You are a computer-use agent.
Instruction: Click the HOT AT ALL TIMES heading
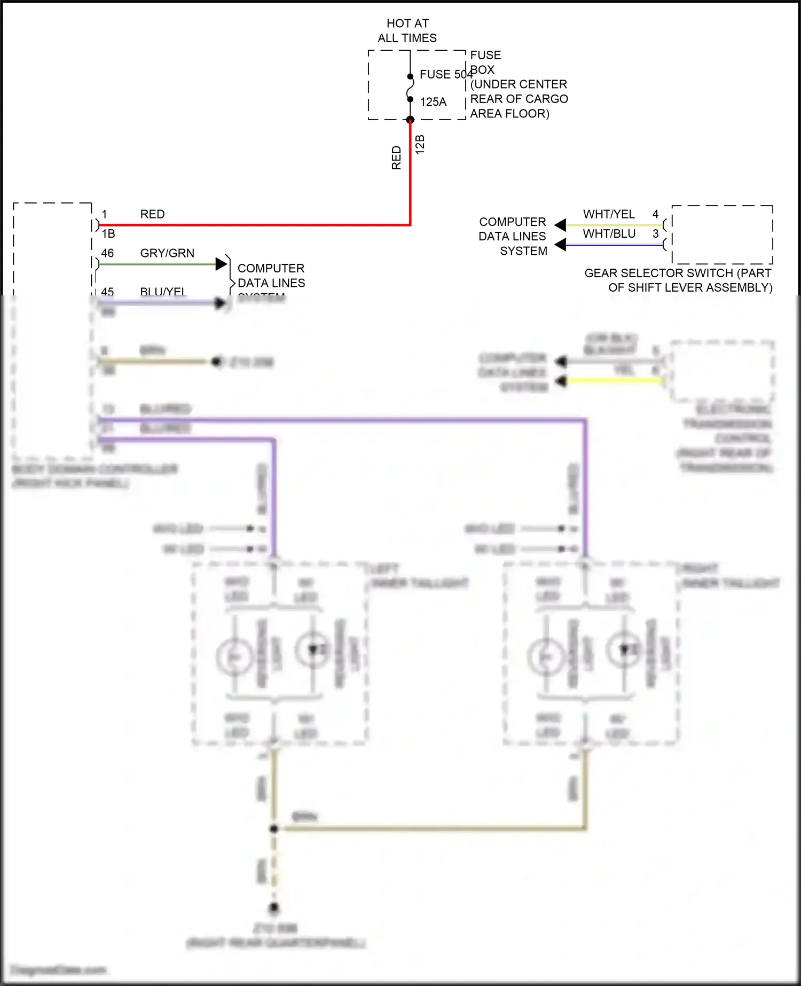coord(407,30)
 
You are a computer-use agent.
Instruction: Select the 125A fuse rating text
coord(433,101)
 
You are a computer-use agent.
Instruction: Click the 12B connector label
coord(420,145)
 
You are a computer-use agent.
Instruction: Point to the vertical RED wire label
coord(396,158)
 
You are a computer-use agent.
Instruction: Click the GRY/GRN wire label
coord(167,253)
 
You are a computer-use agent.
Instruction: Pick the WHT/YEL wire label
coord(609,214)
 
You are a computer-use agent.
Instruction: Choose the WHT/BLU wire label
coord(609,234)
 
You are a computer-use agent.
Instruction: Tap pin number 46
coord(107,253)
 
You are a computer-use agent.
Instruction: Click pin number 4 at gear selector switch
coord(655,214)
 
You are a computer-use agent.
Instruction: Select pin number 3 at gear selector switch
coord(655,234)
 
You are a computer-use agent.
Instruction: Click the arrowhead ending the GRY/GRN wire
coord(221,264)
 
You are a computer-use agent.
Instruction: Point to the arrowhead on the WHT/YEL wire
coord(560,225)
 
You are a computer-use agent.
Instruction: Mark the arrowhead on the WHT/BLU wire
coord(560,245)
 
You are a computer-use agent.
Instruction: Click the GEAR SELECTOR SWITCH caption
coord(678,280)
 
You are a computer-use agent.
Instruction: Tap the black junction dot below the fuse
coord(410,120)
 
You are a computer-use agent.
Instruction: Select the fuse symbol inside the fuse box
coord(410,88)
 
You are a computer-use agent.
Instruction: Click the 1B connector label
coord(108,234)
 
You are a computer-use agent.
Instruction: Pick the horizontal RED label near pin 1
coord(152,214)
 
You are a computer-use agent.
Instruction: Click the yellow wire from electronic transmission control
coord(614,381)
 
